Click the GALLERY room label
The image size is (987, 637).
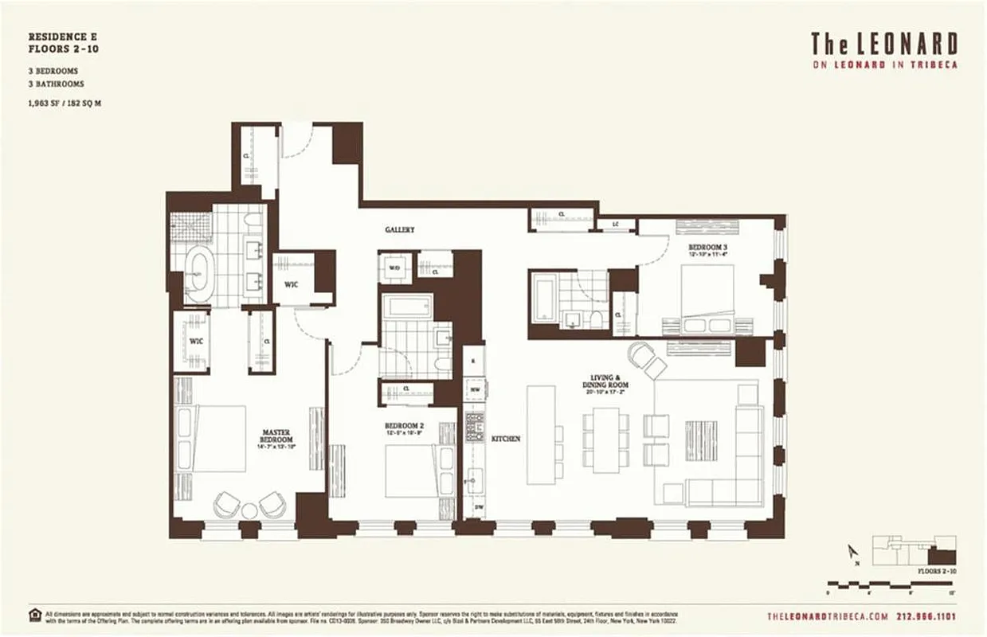pos(400,230)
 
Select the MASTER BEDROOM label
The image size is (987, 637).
pos(276,436)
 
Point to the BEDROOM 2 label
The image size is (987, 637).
pos(404,427)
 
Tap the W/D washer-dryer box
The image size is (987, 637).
pos(394,268)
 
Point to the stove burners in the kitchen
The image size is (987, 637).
pos(475,430)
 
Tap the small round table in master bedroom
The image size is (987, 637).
pos(249,510)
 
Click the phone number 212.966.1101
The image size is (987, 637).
pos(926,616)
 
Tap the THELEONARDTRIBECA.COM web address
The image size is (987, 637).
pos(827,616)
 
